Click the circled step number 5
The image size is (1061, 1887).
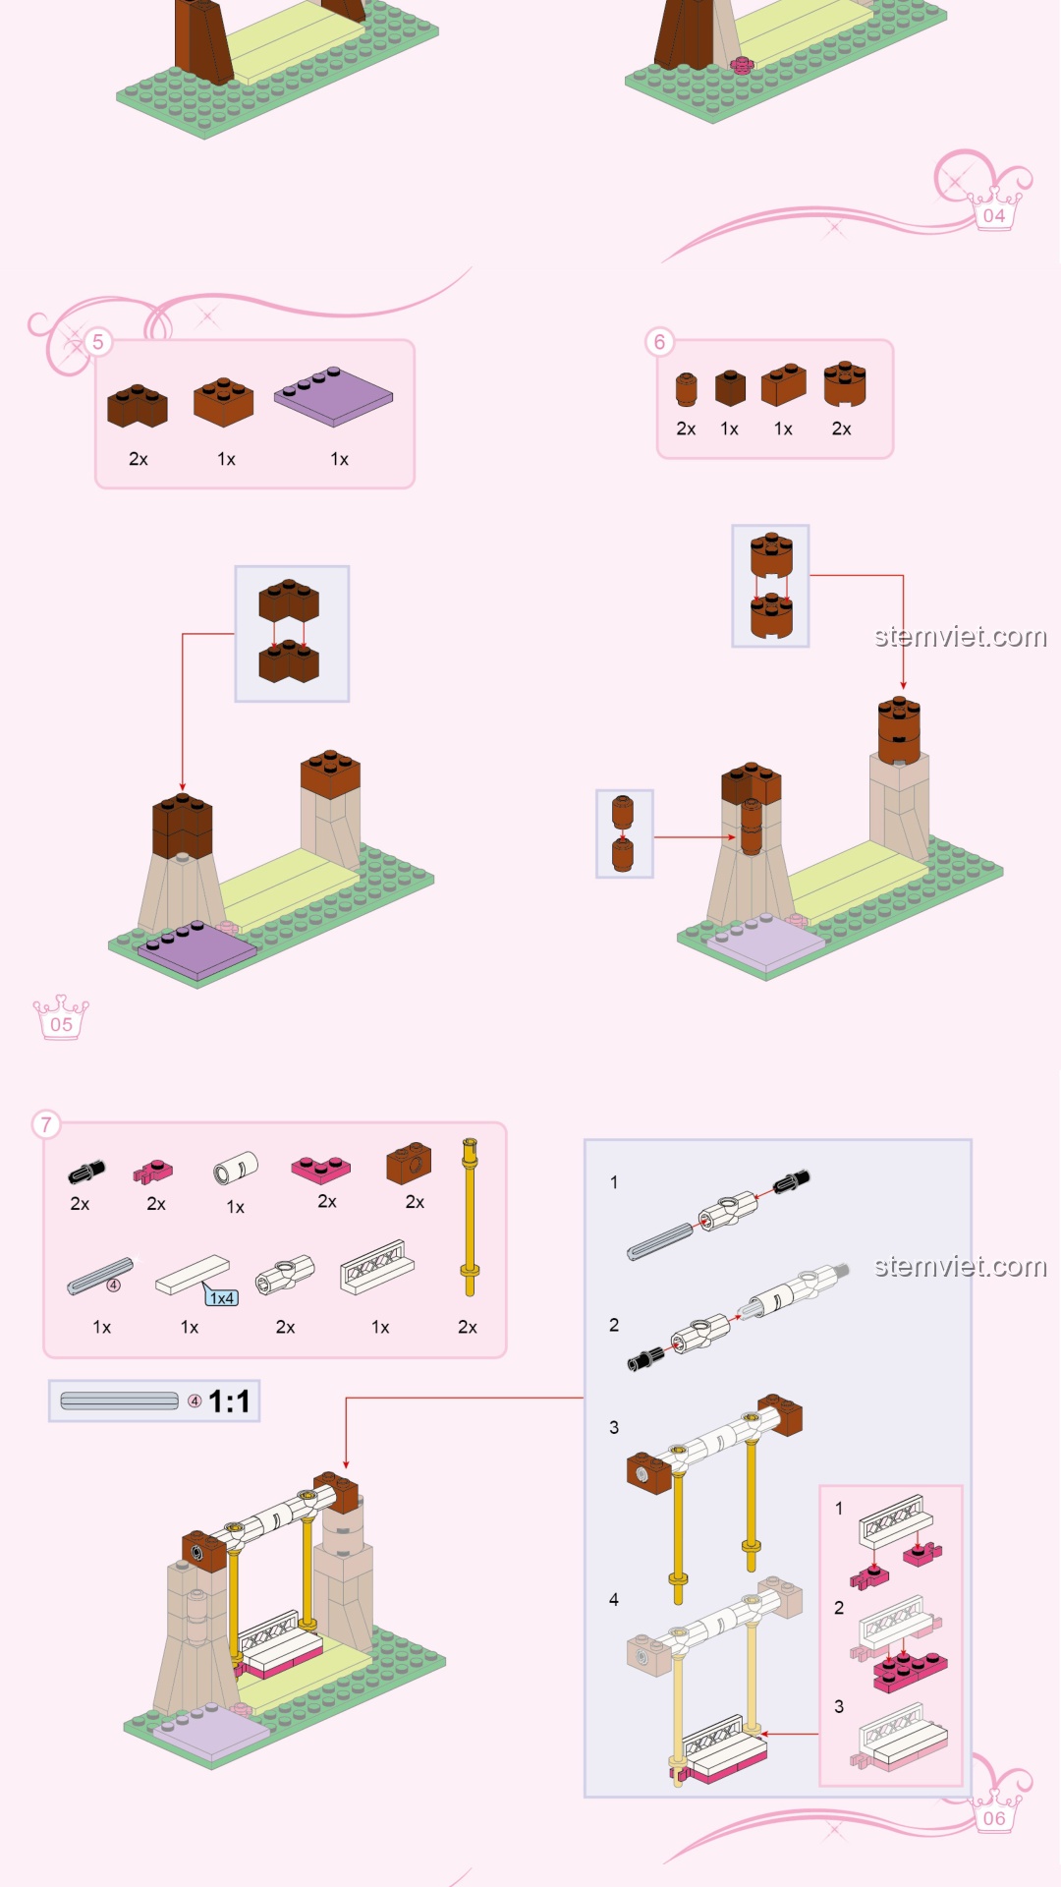tap(97, 342)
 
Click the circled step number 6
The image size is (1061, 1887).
tap(659, 342)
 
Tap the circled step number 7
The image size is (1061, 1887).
tap(46, 1124)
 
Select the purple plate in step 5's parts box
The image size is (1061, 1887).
tap(333, 396)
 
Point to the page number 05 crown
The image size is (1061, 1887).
tap(61, 1018)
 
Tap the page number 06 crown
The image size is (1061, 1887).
tap(994, 1812)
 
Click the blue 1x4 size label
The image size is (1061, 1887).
tap(222, 1298)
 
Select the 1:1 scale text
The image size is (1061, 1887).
tap(229, 1401)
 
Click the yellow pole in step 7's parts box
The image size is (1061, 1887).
tap(470, 1217)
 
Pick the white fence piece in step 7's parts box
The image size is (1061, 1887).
tap(376, 1267)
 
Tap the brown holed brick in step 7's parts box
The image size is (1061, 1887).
tap(409, 1164)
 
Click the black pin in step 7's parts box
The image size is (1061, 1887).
tap(85, 1172)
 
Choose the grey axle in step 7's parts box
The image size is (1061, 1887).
tap(100, 1276)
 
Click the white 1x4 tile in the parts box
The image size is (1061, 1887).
tap(193, 1275)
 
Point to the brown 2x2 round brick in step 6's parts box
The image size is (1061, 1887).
tap(845, 383)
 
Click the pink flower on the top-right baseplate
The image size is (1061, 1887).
tap(742, 65)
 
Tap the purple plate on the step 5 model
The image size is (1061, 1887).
tap(197, 949)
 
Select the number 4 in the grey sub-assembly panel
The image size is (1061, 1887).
tap(614, 1600)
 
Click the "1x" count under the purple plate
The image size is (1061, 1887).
tap(339, 459)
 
